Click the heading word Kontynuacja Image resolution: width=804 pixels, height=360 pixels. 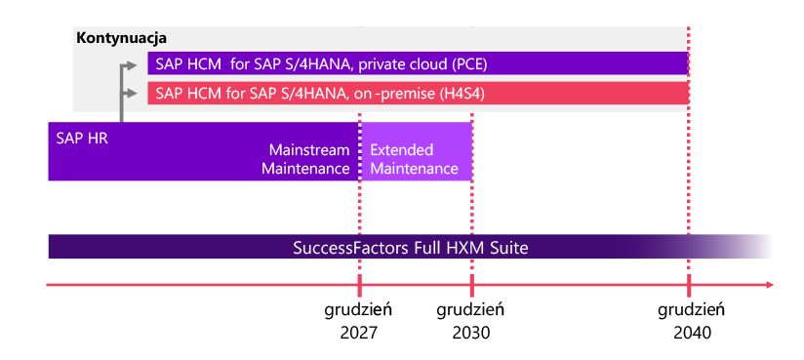tap(122, 38)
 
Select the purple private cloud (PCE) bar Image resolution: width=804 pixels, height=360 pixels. tap(418, 63)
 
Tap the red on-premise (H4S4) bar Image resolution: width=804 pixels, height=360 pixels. tap(418, 93)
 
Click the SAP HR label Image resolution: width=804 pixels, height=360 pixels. tap(82, 139)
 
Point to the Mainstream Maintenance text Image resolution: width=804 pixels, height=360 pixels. tap(305, 159)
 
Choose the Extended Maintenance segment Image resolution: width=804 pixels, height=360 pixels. tap(416, 151)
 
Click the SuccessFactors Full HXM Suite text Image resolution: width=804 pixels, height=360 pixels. tap(411, 248)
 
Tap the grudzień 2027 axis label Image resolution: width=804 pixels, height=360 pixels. tap(358, 322)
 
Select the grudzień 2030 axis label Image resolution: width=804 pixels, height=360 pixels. tap(470, 322)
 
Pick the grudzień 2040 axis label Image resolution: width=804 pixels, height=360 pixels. tap(692, 322)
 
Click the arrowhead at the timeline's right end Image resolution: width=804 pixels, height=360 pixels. tap(769, 285)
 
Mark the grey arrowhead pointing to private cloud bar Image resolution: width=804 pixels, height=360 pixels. tap(133, 65)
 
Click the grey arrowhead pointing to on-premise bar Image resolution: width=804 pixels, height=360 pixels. tap(133, 93)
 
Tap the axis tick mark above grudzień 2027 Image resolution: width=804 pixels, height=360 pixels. tap(359, 285)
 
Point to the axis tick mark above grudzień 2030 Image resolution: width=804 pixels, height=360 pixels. tap(471, 285)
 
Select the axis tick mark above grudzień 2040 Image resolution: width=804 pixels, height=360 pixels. tap(689, 285)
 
